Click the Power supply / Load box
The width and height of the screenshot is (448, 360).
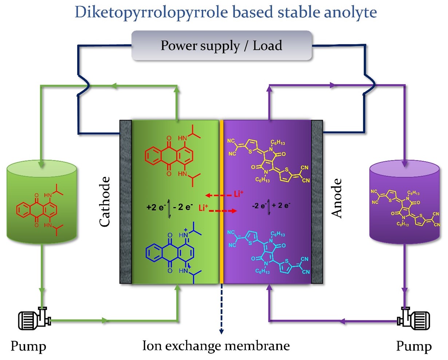coord(221,46)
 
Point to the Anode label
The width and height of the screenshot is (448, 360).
coord(337,198)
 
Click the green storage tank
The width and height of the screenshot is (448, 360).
coord(42,204)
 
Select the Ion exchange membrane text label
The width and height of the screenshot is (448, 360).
coord(216,345)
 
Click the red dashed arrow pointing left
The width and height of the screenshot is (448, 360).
coord(219,195)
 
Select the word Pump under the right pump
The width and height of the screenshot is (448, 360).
coord(414,346)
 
